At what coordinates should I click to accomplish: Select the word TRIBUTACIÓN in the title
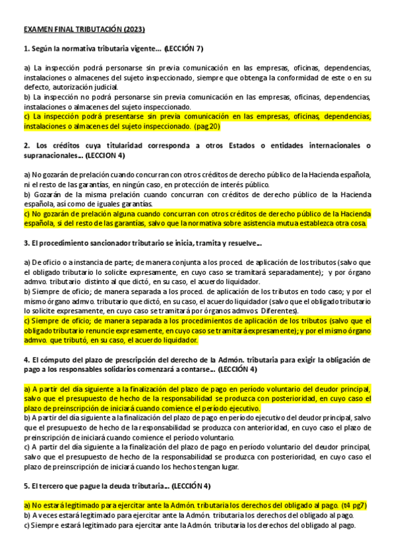(x=90, y=30)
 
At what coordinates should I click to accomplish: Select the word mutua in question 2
(x=289, y=223)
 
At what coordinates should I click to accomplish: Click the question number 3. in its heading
(x=26, y=243)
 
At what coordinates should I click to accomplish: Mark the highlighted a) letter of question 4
(x=27, y=388)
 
